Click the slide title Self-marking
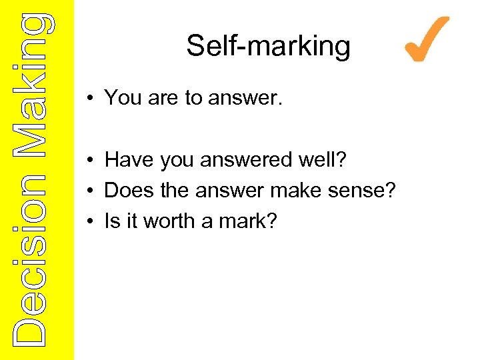(x=268, y=46)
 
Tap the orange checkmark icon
(x=427, y=40)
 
